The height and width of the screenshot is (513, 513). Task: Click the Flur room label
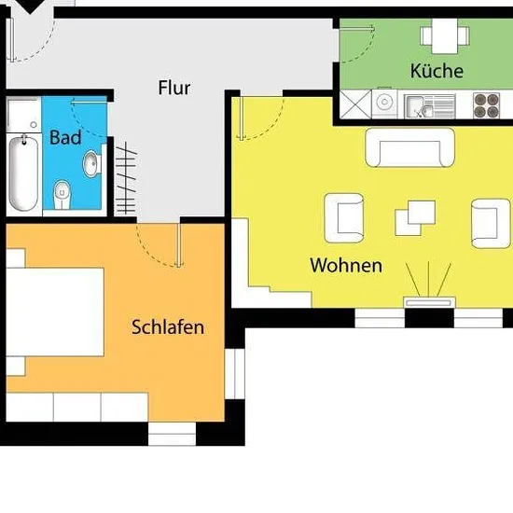coord(174,88)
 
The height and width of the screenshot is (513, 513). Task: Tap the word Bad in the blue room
coord(65,137)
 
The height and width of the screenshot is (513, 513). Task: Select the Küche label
coord(437,70)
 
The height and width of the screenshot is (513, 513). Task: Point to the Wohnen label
coord(346,265)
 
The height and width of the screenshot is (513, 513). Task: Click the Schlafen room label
coord(168,326)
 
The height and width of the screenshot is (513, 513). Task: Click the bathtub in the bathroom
coord(23,173)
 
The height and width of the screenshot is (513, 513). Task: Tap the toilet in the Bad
coord(62,194)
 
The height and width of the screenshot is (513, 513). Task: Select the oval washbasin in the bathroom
coord(92,163)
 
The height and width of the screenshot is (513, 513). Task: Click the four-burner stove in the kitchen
coord(486,105)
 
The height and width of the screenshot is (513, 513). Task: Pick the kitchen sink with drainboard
coord(430,106)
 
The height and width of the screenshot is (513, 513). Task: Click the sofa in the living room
coord(410,147)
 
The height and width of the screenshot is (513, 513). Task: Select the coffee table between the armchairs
coord(415,218)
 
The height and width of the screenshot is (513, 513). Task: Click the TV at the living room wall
coord(429,302)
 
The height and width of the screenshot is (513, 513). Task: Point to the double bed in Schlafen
coord(55,312)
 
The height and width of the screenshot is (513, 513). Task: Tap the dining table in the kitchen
coord(445,35)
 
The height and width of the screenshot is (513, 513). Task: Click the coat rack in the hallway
coord(126,179)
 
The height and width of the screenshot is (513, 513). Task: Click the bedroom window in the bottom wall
coord(173,434)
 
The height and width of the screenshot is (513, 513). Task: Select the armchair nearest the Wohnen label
coord(344,218)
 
